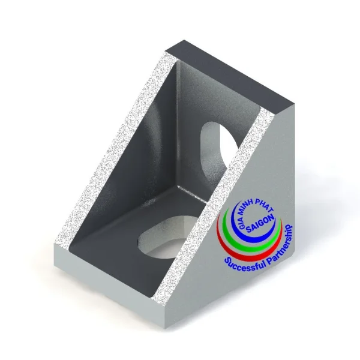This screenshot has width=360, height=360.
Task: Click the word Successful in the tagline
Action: click(244, 264)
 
